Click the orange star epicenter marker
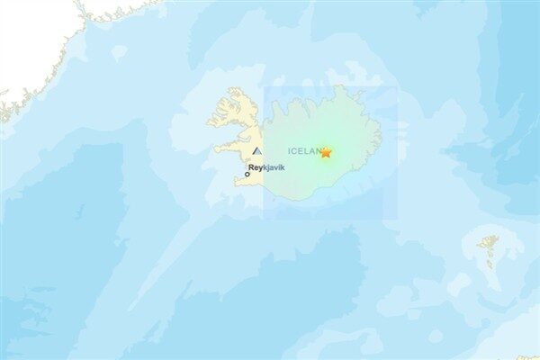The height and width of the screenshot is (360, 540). [326, 152]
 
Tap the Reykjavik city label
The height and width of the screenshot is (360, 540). [266, 167]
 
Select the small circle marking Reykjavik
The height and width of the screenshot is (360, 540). [247, 174]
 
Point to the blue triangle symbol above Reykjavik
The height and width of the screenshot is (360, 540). [257, 152]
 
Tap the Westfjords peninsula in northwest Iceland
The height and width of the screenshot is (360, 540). [232, 108]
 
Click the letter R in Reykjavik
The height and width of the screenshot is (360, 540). [251, 167]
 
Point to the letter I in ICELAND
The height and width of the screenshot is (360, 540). [290, 150]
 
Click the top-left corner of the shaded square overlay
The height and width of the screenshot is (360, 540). [264, 86]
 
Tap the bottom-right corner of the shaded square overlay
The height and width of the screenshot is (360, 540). [397, 219]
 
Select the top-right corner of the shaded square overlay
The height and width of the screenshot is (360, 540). [397, 86]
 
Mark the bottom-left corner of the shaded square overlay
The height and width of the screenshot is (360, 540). [264, 219]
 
